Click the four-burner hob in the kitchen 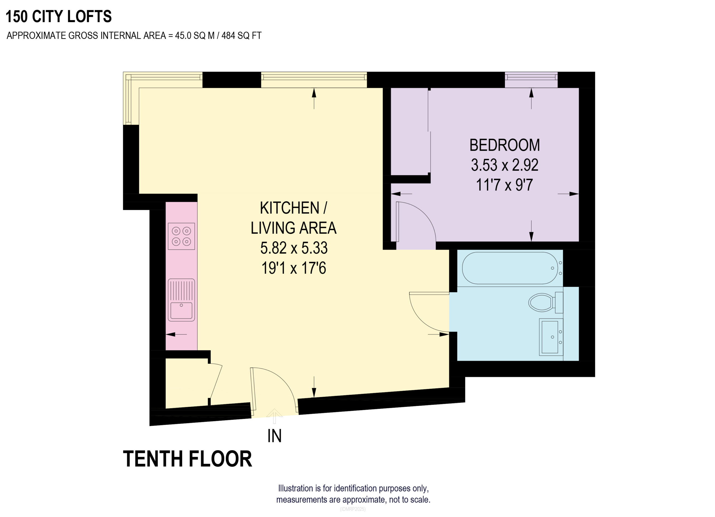[x=181, y=236]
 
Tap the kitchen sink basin [x=181, y=311]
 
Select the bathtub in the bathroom [x=510, y=268]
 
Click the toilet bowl [x=541, y=302]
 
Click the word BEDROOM [x=504, y=145]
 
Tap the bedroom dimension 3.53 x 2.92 [x=504, y=165]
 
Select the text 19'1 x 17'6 [x=294, y=268]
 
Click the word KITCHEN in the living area [x=289, y=208]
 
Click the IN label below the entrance [x=274, y=436]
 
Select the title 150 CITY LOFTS [x=59, y=16]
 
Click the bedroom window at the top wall [x=531, y=80]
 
